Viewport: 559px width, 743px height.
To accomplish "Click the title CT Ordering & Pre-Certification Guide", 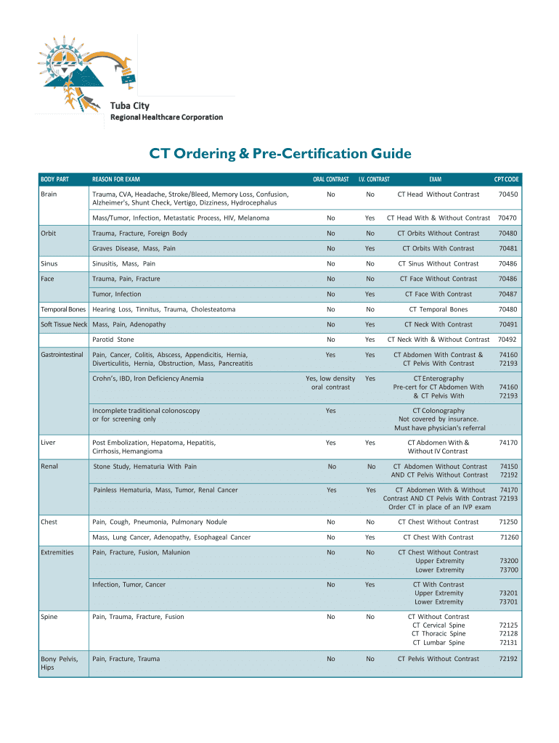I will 280,154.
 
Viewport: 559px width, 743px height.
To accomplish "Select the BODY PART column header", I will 54,179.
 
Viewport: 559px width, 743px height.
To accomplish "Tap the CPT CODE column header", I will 506,179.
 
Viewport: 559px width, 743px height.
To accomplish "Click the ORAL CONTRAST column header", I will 330,179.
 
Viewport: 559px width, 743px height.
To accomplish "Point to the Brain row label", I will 49,194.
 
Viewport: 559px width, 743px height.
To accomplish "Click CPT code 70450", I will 508,194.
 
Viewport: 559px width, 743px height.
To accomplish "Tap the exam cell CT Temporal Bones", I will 438,309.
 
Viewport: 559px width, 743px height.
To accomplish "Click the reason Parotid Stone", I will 113,340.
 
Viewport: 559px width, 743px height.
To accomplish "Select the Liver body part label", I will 48,443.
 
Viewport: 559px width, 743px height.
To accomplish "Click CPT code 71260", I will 510,538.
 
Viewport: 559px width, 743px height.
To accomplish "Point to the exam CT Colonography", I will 438,411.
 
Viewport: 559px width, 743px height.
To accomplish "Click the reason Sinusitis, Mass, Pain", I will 123,263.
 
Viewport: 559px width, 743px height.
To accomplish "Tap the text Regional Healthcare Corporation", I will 166,118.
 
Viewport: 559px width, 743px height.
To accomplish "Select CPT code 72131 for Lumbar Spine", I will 508,643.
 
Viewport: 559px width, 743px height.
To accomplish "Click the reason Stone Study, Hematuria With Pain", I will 145,467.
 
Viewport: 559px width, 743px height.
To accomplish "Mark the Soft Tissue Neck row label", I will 64,324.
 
